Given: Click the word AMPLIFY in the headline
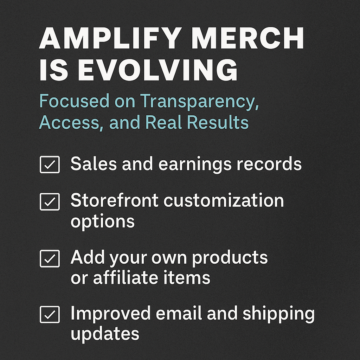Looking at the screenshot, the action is [x=111, y=38].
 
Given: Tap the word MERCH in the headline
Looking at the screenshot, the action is [x=248, y=38].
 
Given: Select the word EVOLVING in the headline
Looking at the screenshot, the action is [x=157, y=70].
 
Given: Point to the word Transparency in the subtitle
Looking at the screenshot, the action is [x=200, y=102].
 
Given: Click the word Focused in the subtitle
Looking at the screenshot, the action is [x=74, y=101].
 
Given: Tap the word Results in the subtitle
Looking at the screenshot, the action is [x=218, y=122].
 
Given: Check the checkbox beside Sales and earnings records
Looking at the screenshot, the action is [x=50, y=165].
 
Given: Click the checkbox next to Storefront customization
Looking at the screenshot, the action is [x=50, y=201].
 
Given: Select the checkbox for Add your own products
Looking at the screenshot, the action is [x=50, y=258].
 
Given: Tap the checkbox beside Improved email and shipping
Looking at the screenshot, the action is [x=50, y=315].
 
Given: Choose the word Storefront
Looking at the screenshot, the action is [x=114, y=200].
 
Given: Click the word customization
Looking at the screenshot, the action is [x=224, y=200].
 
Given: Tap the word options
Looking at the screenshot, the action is [x=102, y=222].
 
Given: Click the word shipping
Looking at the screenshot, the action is [x=278, y=314].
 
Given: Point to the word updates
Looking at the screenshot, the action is [x=105, y=334].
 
